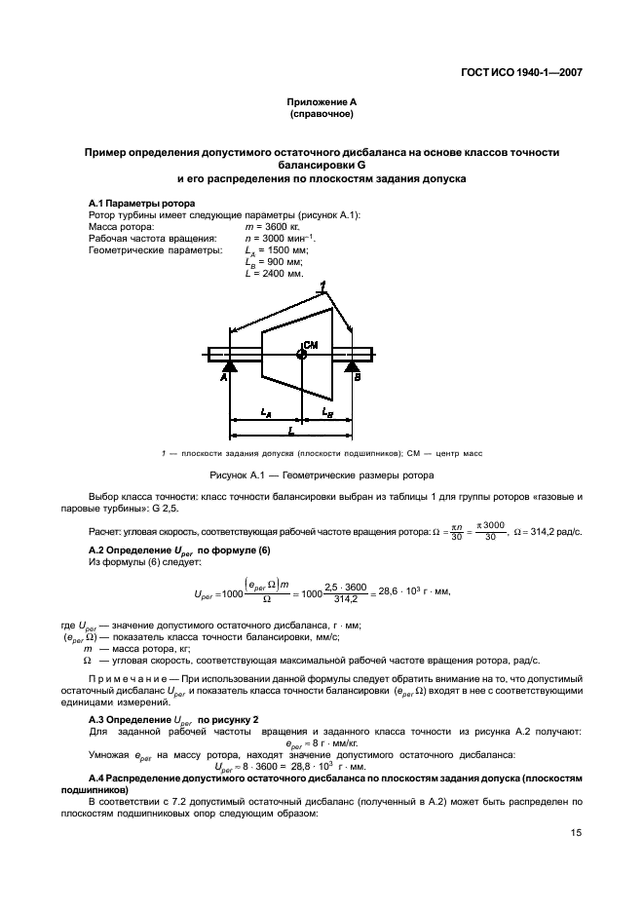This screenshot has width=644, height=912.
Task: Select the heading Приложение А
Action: point(322,102)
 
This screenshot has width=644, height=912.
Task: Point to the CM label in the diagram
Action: point(312,345)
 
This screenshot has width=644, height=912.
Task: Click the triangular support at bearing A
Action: point(230,365)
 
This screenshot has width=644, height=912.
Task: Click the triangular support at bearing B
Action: point(351,365)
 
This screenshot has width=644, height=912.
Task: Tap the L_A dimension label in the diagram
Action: point(266,413)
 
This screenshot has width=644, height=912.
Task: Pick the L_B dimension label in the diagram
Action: point(328,413)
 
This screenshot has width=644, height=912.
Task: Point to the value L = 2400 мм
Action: point(275,274)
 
